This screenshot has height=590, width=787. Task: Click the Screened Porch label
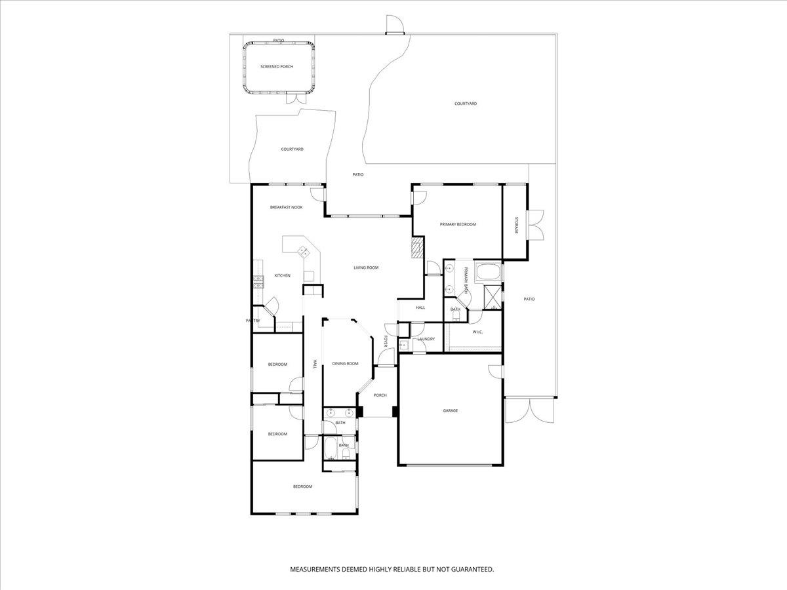point(276,67)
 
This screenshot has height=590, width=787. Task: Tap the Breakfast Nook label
point(286,207)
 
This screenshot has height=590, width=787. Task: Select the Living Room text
point(366,267)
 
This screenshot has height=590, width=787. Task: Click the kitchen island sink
point(304,251)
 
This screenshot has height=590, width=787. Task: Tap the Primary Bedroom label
point(458,224)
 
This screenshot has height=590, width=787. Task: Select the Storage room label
point(516,224)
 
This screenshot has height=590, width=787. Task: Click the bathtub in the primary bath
point(487,272)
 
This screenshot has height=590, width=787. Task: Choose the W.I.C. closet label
point(477,332)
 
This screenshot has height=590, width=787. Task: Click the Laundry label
point(426,339)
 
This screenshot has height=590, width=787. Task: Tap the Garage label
point(450,410)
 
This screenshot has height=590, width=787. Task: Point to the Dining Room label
point(345,363)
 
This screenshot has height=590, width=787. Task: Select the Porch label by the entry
point(380,395)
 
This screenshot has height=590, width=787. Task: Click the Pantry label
point(253,321)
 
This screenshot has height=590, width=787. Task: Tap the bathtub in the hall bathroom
point(331,450)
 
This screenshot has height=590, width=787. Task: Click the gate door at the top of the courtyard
point(395,26)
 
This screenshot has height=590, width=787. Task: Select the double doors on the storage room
point(536,225)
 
